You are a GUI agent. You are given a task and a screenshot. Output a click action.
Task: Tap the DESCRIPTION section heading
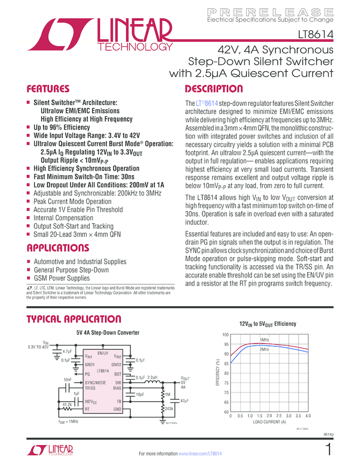[214, 89]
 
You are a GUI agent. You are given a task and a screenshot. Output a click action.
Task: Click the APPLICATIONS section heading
[59, 247]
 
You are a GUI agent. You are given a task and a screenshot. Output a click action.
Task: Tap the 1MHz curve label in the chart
[264, 340]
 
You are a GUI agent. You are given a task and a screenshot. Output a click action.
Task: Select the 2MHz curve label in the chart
[264, 349]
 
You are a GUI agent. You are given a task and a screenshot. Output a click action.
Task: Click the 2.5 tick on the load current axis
[278, 416]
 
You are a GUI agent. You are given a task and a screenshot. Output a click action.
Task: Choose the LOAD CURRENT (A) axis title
[270, 422]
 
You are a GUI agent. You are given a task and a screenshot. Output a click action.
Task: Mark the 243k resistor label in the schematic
[169, 408]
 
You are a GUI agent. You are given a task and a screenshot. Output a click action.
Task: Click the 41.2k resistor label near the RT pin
[67, 404]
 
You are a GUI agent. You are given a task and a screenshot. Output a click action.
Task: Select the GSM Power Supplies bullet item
[61, 278]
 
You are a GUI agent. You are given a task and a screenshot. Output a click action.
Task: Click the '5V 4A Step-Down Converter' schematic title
[107, 332]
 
